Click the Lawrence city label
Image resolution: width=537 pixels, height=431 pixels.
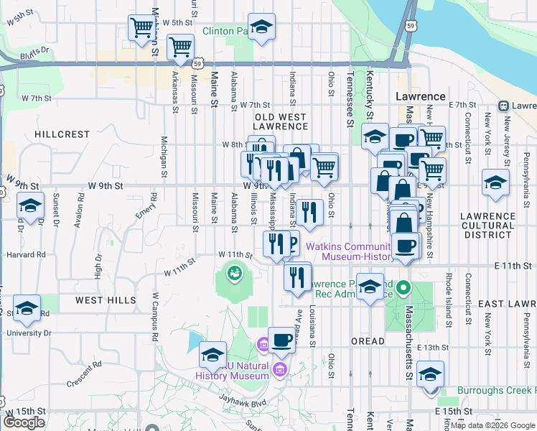pyautogui.click(x=421, y=96)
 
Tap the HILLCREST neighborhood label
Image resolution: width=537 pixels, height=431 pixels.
pyautogui.click(x=62, y=134)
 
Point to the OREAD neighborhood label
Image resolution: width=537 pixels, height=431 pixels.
pyautogui.click(x=368, y=341)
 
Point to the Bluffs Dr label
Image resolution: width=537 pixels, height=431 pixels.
pyautogui.click(x=34, y=50)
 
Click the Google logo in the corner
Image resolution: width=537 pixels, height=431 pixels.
pyautogui.click(x=24, y=422)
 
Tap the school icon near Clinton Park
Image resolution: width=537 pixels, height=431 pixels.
pyautogui.click(x=261, y=27)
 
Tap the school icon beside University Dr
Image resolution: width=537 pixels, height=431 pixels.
pyautogui.click(x=27, y=309)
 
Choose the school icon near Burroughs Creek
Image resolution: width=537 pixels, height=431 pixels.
pyautogui.click(x=430, y=374)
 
